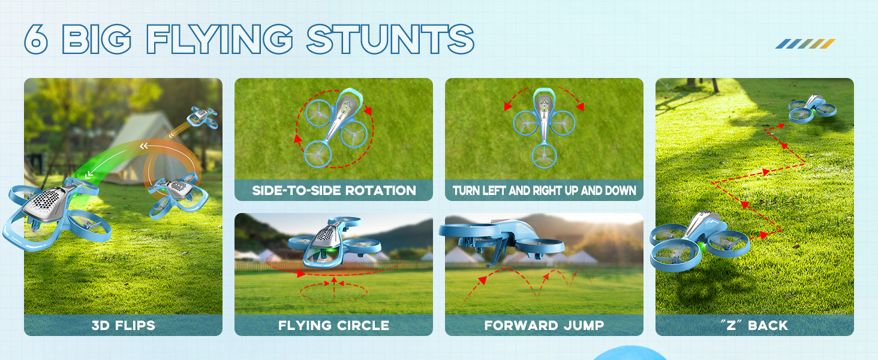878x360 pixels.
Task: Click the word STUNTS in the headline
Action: [x=390, y=39]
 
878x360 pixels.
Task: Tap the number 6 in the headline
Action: [x=36, y=40]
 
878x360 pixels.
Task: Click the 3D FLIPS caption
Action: [x=123, y=326]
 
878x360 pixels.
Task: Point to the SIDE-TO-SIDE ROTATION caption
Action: [x=333, y=191]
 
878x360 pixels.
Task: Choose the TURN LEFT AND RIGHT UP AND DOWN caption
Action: [x=544, y=191]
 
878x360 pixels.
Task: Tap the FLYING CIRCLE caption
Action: [x=333, y=326]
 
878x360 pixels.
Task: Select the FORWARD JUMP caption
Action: [x=544, y=326]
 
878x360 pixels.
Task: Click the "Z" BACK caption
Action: [x=754, y=326]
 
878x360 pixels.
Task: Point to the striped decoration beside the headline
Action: [x=805, y=44]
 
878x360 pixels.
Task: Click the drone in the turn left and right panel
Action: [x=543, y=126]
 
